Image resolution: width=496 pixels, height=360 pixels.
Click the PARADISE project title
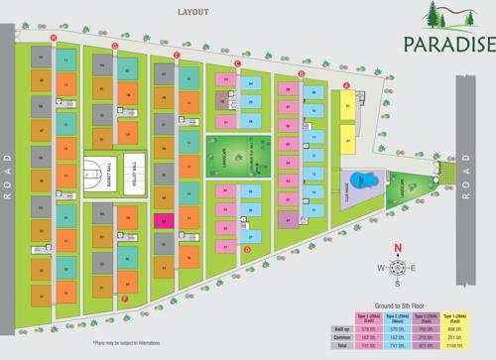point(448,44)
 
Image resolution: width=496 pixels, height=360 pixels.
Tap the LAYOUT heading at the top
point(193,12)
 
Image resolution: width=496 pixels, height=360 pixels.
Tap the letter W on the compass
point(381,268)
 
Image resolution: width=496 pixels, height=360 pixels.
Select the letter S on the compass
point(397,283)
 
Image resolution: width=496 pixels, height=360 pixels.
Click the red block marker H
point(54,38)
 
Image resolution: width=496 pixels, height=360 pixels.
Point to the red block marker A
point(346,85)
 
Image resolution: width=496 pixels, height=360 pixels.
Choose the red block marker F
point(125,298)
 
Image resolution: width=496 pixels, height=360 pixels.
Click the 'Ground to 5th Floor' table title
point(401,305)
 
